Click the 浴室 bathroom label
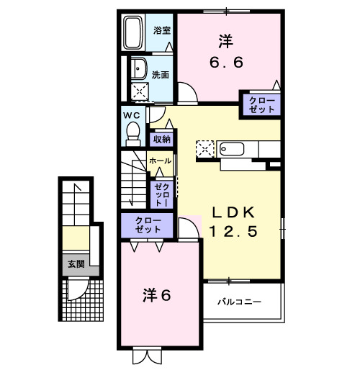[x=161, y=30]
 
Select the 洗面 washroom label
[x=160, y=74]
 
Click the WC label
[x=130, y=114]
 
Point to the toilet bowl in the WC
[x=132, y=131]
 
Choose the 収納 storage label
[x=161, y=140]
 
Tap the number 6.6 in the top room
[x=226, y=63]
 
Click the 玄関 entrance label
[x=76, y=264]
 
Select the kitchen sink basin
[x=233, y=150]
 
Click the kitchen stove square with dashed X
[x=205, y=150]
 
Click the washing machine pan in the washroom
[x=138, y=91]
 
